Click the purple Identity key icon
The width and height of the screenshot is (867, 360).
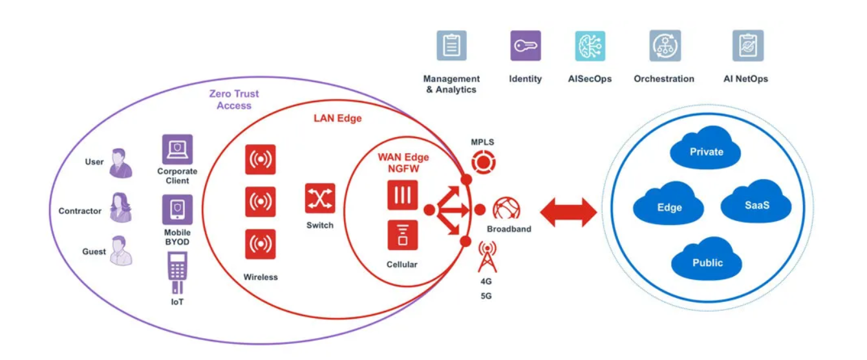525,46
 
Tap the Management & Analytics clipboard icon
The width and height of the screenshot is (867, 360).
452,46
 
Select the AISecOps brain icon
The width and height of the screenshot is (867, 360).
590,46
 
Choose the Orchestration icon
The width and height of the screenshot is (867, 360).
665,46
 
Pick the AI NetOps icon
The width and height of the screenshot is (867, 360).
748,46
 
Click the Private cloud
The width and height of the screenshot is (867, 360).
705,147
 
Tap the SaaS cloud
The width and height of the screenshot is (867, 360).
756,201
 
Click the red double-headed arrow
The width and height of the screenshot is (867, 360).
568,212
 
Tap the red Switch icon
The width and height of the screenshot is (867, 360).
320,198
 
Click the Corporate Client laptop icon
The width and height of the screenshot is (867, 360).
177,149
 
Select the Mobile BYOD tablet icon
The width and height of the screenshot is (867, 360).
177,209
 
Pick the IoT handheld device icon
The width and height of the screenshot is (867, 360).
177,273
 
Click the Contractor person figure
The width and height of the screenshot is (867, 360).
121,207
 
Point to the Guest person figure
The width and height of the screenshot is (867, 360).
121,251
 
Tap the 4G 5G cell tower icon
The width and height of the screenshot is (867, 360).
487,257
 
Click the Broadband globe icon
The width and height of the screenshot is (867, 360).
506,209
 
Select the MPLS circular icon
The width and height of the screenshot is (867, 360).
484,162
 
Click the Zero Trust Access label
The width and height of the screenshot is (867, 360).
234,100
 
